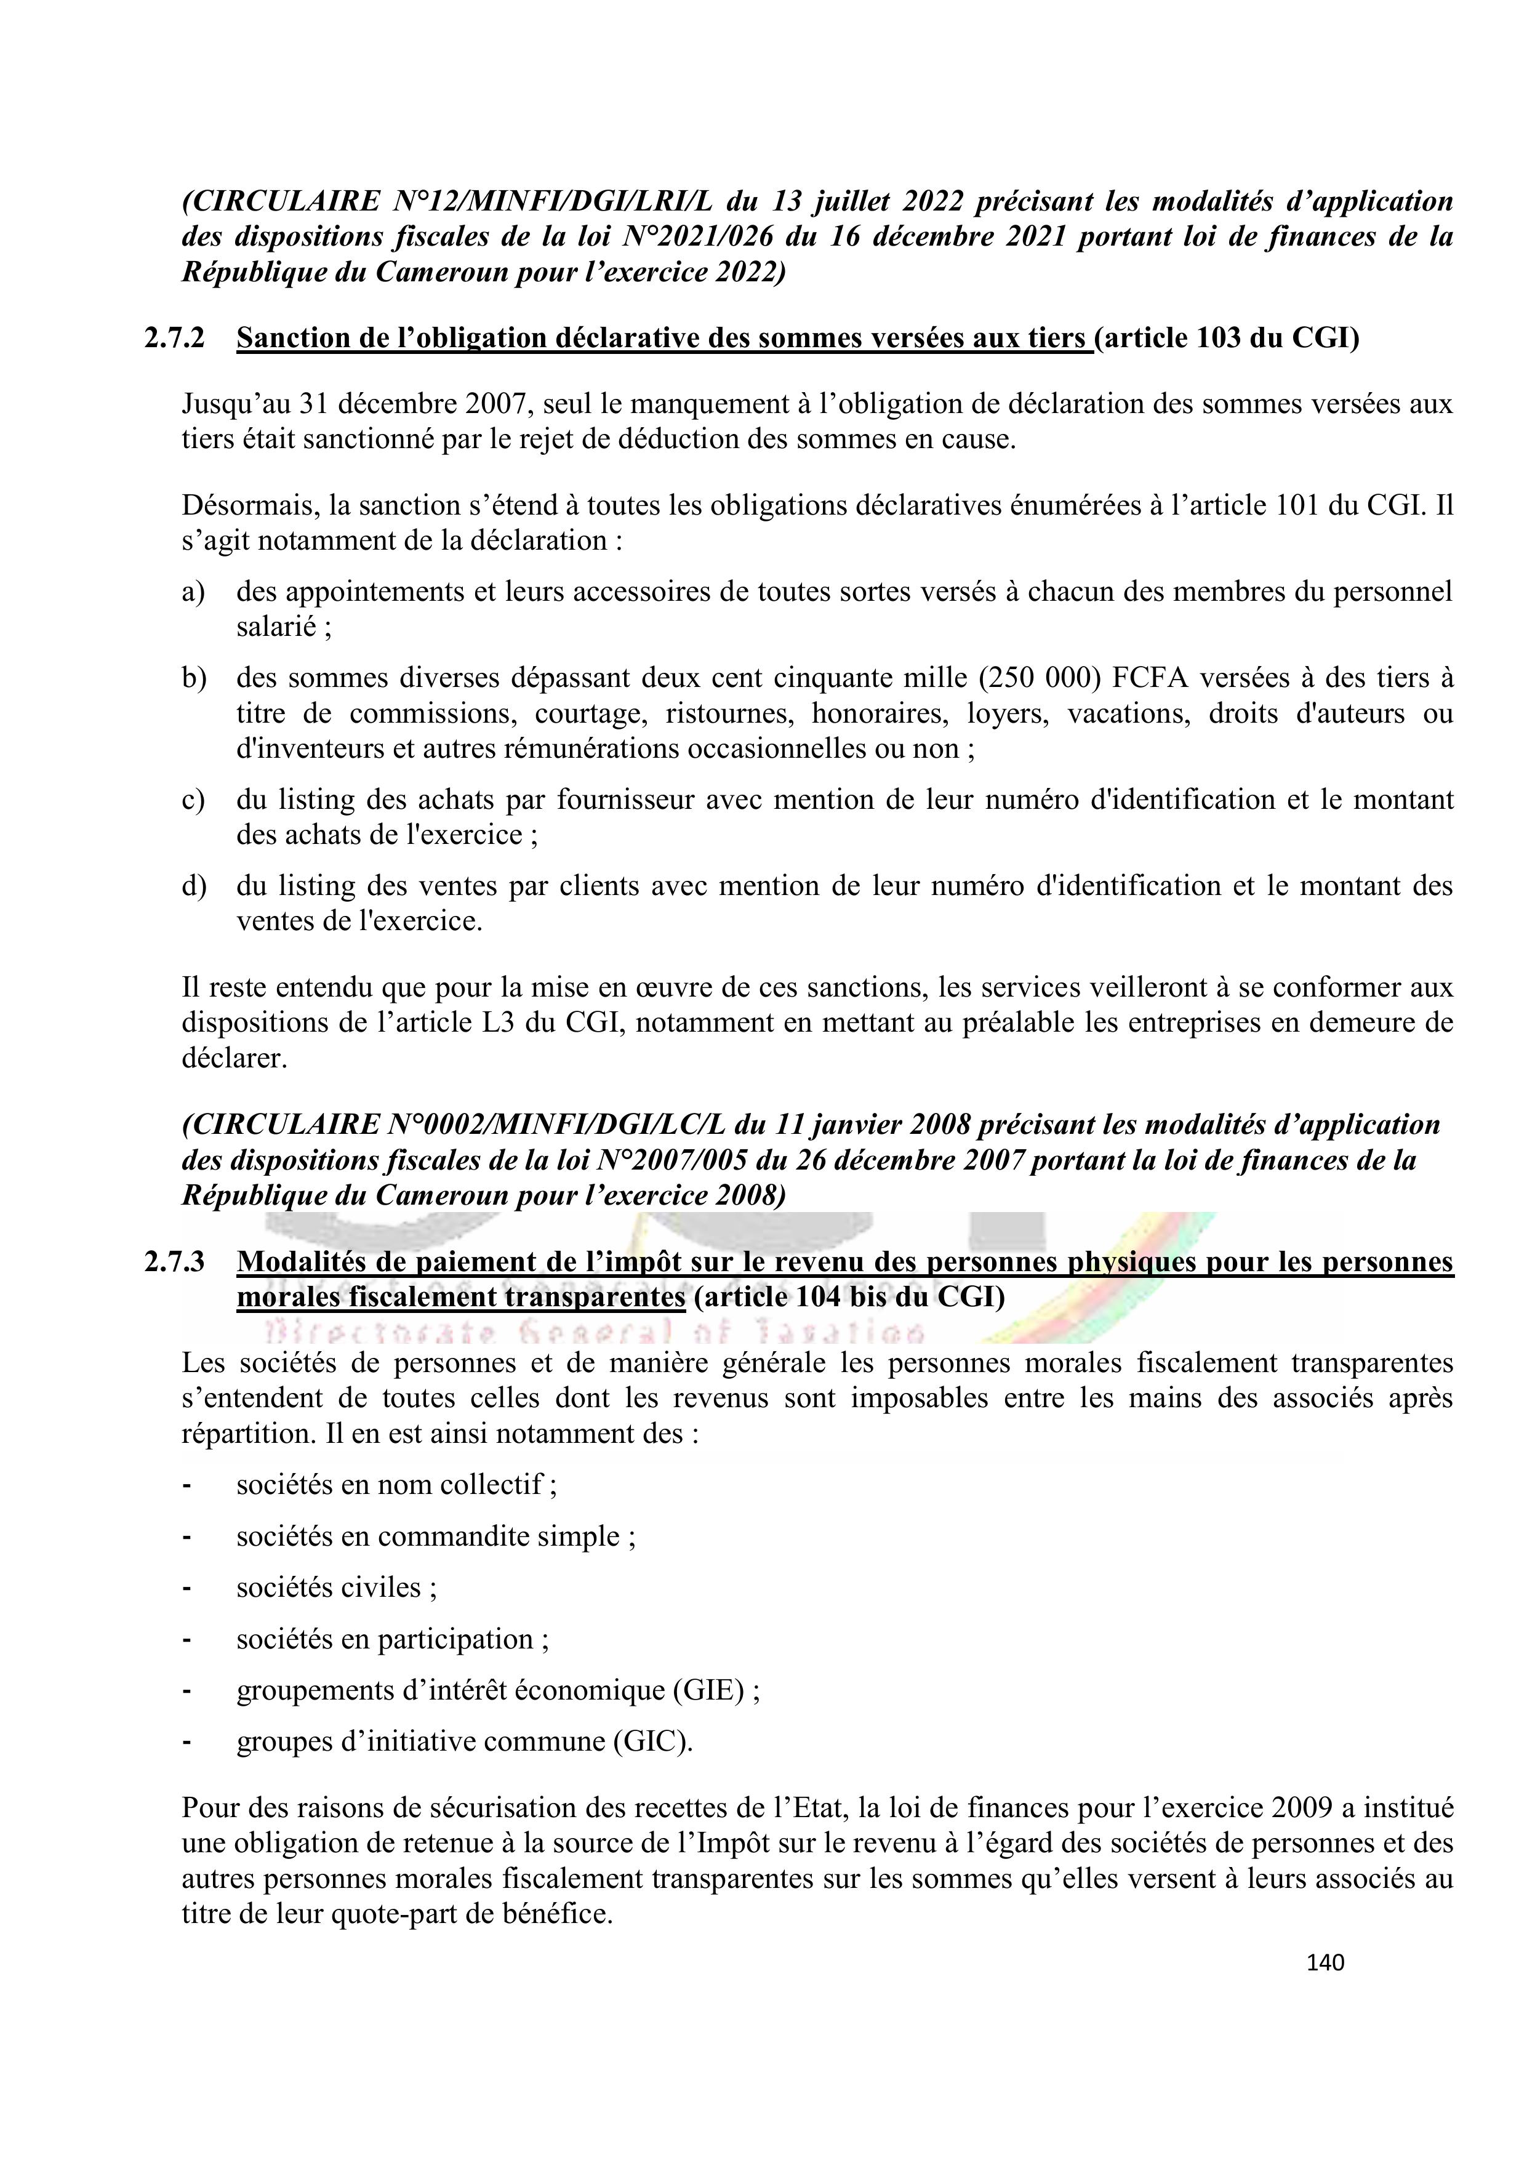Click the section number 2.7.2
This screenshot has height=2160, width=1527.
174,339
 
